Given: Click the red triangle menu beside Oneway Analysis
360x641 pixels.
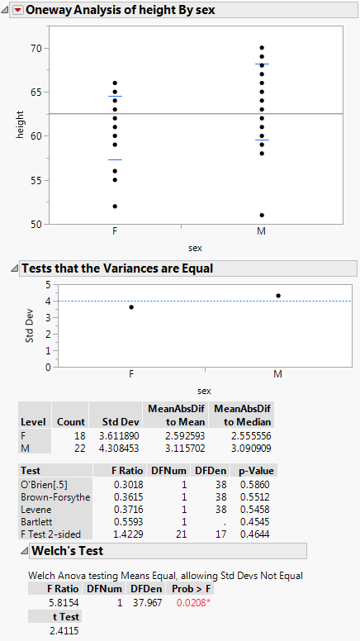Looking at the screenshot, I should (x=15, y=12).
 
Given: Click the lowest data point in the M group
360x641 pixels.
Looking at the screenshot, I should (x=262, y=215).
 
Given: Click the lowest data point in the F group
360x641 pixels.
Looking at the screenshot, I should (x=115, y=207).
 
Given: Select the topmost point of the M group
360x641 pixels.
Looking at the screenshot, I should (x=262, y=48).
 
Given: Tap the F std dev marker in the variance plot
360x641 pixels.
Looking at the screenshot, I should (x=131, y=307).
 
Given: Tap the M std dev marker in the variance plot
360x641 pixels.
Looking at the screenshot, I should (x=278, y=296).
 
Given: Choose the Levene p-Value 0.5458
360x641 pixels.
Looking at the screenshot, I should (x=256, y=510).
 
